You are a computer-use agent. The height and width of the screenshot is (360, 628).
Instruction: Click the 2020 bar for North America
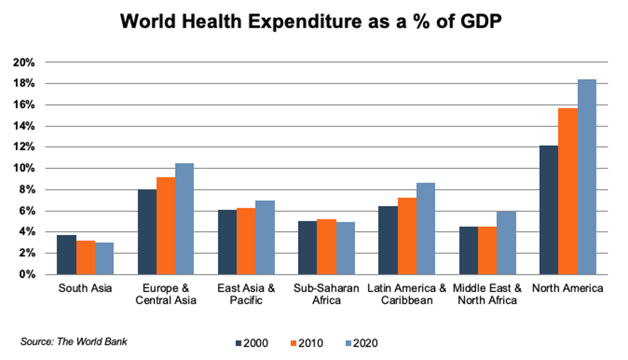[x=587, y=177]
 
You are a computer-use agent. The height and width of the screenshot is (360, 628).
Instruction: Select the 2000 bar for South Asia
[x=67, y=255]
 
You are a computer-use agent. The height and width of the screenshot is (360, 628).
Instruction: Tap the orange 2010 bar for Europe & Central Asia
[x=166, y=226]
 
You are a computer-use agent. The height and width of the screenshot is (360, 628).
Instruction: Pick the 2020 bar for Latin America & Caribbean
[x=425, y=229]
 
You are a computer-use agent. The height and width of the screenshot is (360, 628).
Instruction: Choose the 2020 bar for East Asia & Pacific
[x=265, y=237]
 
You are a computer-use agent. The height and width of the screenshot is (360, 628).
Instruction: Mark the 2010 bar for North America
[x=568, y=192]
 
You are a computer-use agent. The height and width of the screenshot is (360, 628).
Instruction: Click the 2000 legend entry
[x=251, y=343]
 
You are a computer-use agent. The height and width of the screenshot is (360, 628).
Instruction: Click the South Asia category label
[x=85, y=289]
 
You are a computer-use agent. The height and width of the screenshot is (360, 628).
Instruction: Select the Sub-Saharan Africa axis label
[x=326, y=294]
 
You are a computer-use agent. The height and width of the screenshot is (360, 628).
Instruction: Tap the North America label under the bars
[x=567, y=289]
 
